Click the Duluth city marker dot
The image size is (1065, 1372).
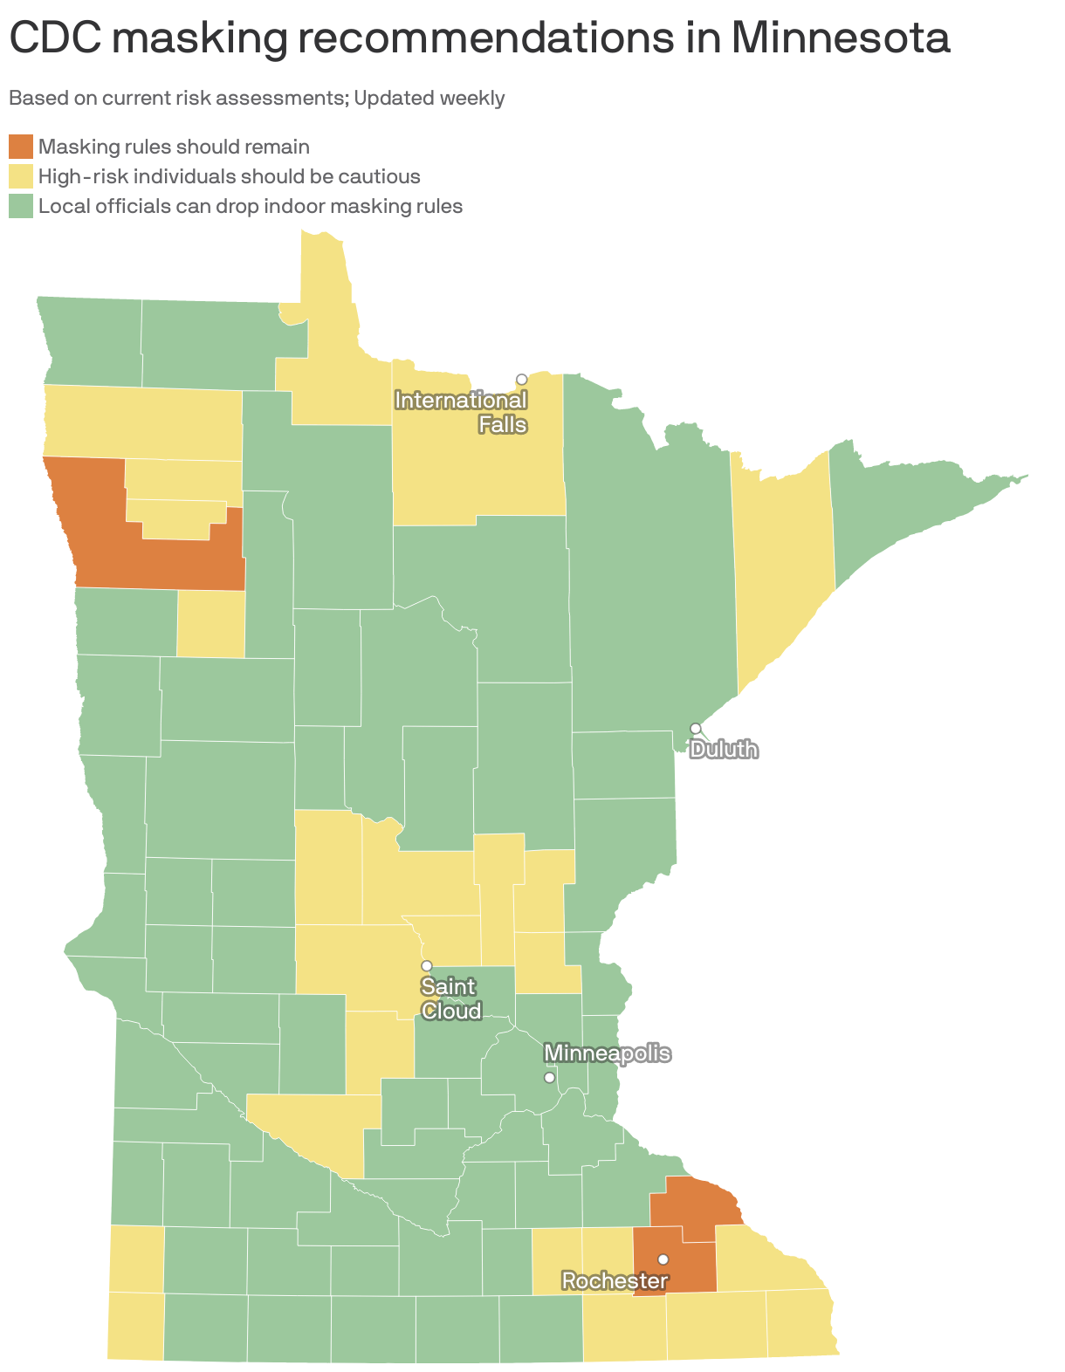(x=696, y=728)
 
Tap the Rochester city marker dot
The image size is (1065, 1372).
(x=663, y=1259)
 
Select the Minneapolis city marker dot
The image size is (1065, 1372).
(x=549, y=1077)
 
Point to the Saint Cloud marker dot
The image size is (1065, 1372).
(x=427, y=965)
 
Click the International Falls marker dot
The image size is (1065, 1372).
(x=521, y=379)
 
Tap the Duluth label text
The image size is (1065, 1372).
(x=724, y=750)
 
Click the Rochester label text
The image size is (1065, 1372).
(x=615, y=1280)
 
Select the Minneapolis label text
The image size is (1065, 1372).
(x=607, y=1053)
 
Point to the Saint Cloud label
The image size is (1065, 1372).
(x=450, y=998)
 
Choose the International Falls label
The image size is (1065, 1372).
(x=462, y=412)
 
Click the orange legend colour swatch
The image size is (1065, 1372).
(x=21, y=147)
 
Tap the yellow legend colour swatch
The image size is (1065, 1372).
(x=21, y=176)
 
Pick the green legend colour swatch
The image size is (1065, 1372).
(x=21, y=206)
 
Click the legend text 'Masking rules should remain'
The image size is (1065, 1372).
(x=174, y=147)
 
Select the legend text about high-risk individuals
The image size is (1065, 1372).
(x=229, y=176)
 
